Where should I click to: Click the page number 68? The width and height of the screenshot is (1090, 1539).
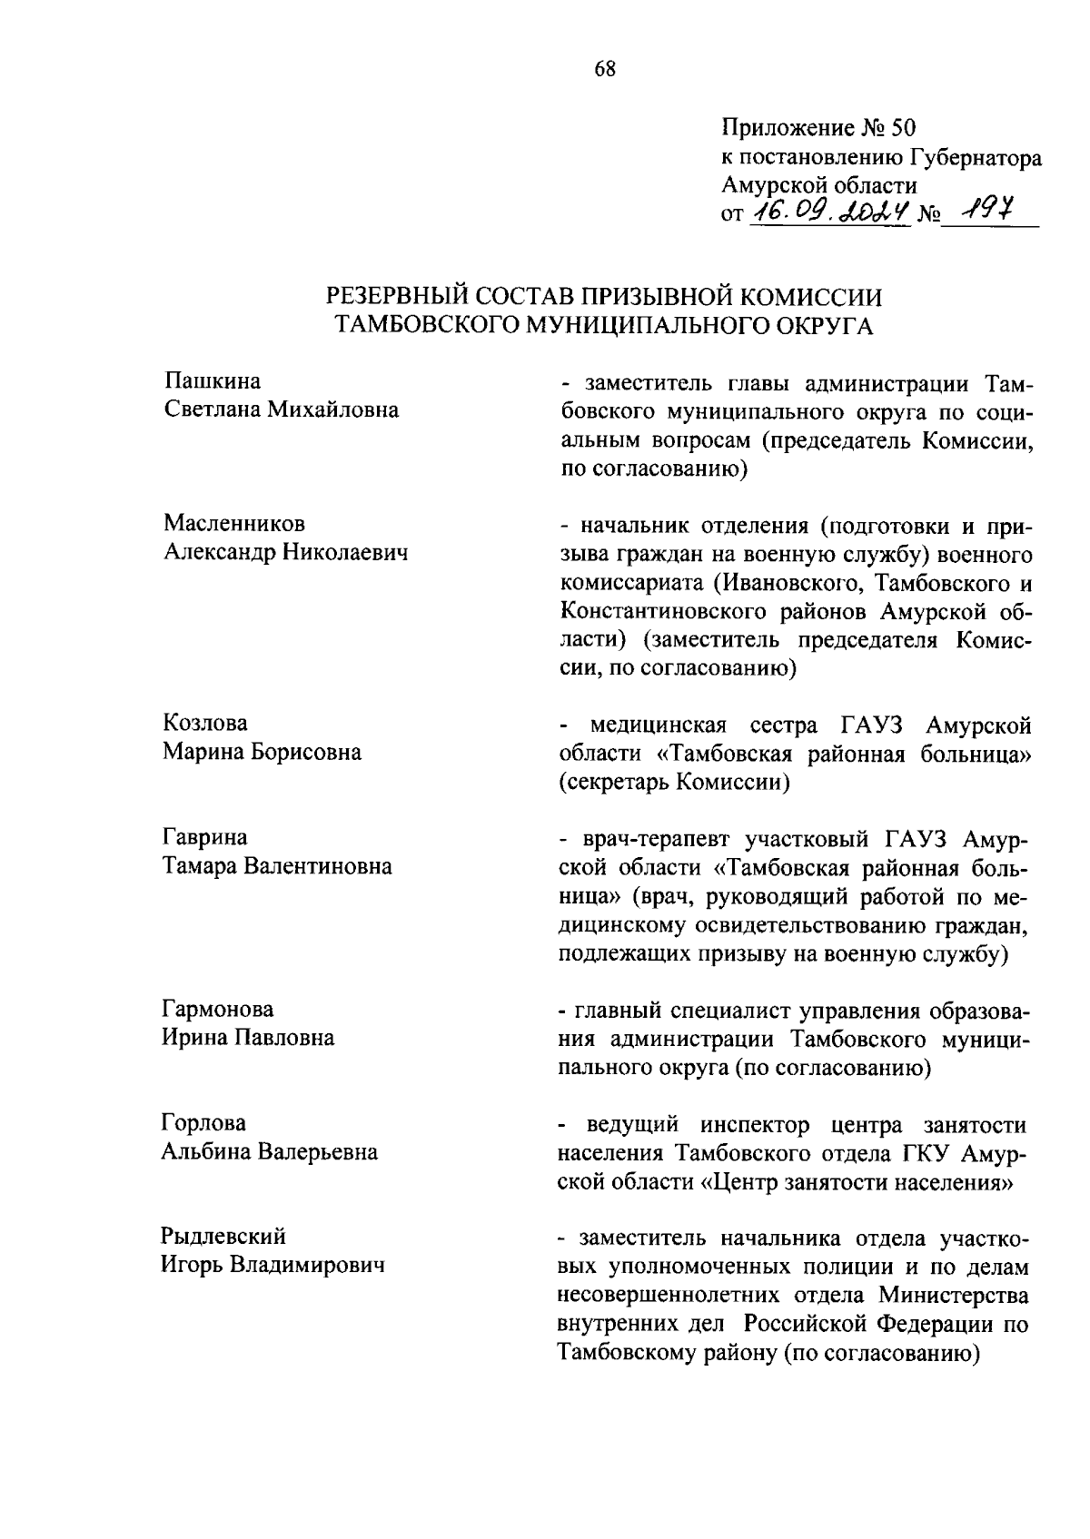(x=605, y=70)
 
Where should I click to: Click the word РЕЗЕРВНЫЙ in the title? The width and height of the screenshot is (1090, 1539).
(x=399, y=297)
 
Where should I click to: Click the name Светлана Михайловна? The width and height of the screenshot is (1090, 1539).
(x=281, y=410)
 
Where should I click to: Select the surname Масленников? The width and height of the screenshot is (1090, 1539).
(x=234, y=524)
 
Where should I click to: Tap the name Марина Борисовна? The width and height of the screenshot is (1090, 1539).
(x=262, y=753)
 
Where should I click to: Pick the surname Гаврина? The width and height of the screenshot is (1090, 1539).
(x=205, y=837)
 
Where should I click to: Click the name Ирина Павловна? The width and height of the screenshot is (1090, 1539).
(x=248, y=1038)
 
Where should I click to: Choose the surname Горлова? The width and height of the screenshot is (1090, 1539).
(x=203, y=1123)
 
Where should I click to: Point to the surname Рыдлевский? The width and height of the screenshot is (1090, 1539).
(x=223, y=1236)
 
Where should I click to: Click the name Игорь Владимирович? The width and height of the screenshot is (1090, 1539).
(x=272, y=1265)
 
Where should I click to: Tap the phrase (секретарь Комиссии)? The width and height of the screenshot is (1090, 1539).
(x=674, y=783)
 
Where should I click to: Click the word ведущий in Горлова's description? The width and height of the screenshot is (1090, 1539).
(x=633, y=1126)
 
